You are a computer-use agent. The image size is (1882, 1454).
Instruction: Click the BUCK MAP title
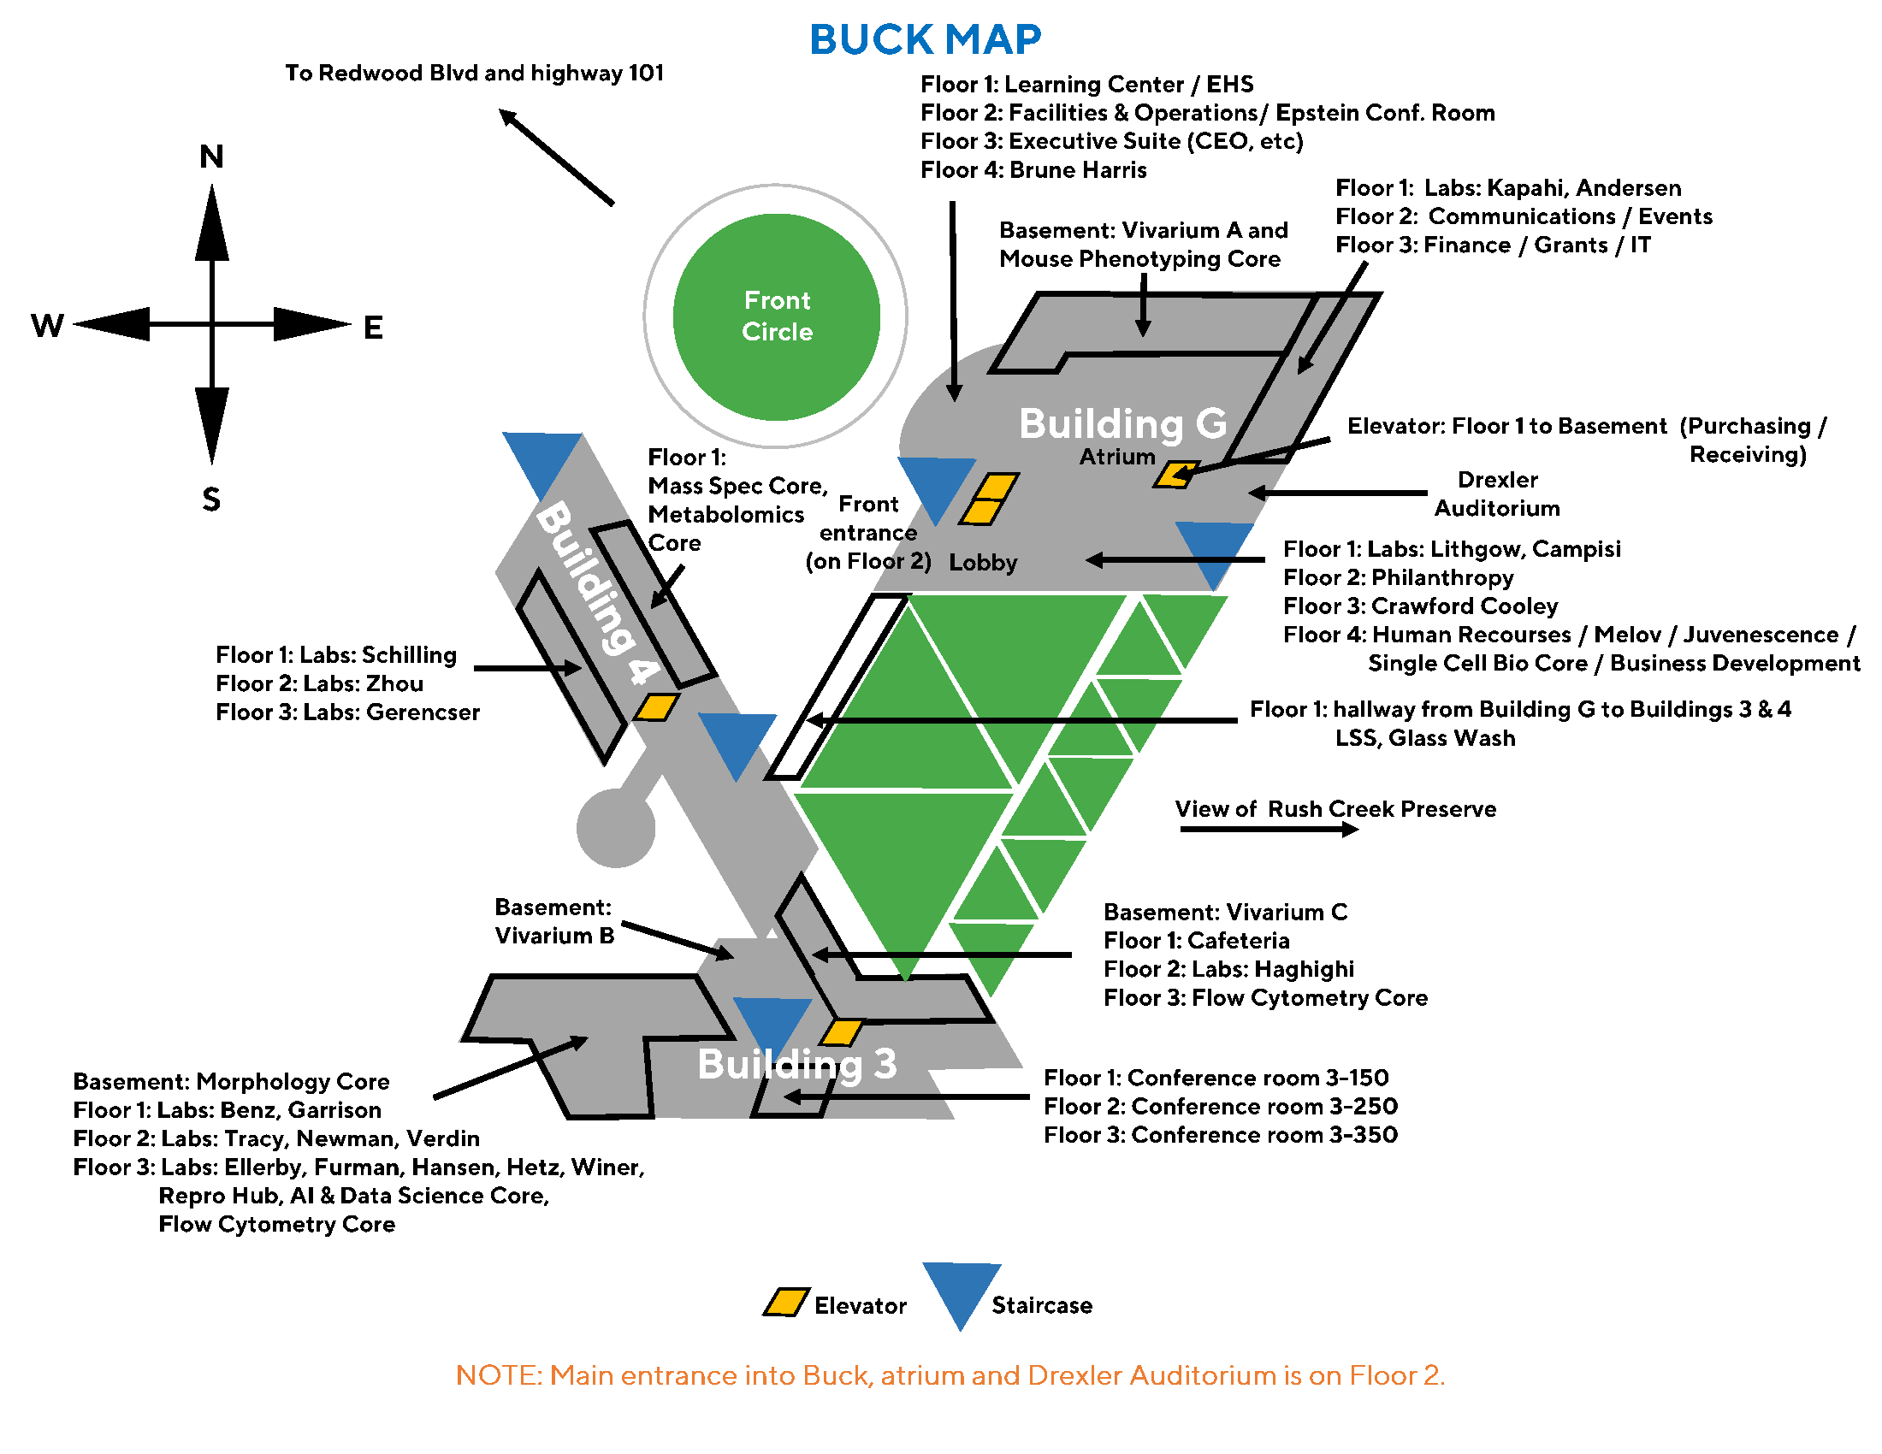(925, 39)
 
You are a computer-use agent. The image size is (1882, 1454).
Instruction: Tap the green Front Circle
(776, 316)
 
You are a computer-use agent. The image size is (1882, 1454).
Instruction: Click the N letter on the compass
(211, 157)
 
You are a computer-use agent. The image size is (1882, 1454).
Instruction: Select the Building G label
(1122, 423)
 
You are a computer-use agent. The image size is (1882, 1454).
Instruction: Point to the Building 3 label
(796, 1064)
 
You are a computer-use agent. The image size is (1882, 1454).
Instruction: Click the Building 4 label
(596, 594)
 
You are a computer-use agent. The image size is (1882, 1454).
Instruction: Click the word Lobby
(982, 563)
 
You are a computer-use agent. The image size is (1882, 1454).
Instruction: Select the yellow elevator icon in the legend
(785, 1302)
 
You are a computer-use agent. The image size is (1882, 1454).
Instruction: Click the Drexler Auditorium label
(1497, 494)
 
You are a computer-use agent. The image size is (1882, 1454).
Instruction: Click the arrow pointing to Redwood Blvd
(556, 157)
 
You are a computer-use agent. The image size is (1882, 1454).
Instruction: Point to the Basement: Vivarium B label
(554, 921)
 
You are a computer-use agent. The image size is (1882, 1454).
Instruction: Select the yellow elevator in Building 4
(656, 707)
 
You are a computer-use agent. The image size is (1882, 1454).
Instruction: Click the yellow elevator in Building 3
(841, 1032)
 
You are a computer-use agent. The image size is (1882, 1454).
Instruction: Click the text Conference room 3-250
(1264, 1106)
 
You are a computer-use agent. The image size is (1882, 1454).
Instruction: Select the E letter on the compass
(372, 328)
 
